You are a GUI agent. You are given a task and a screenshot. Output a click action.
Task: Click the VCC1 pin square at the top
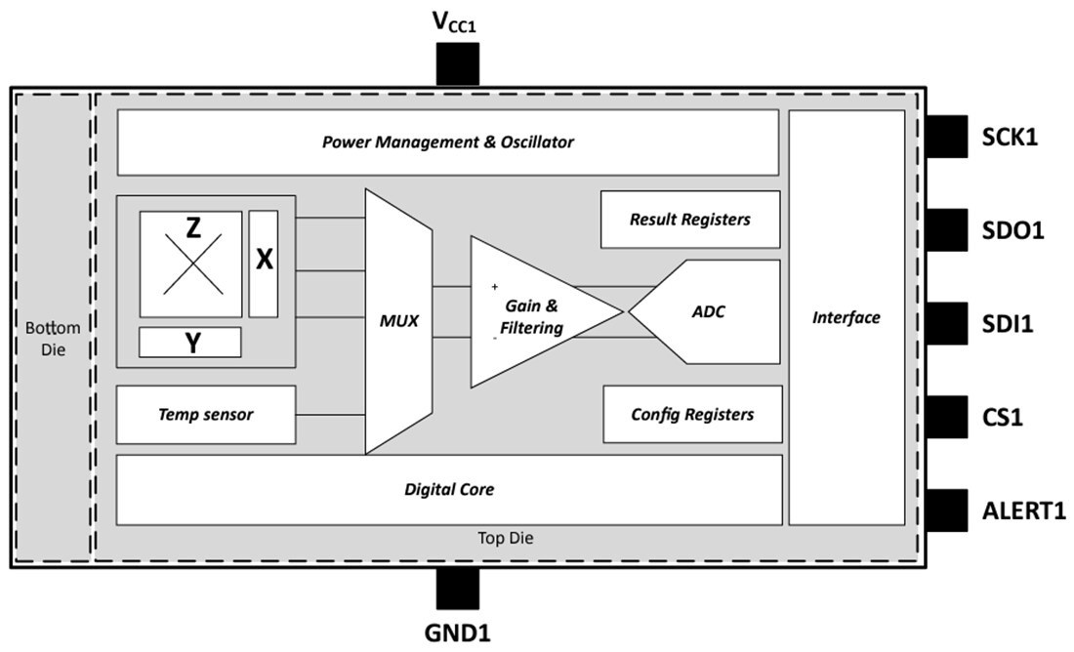click(x=457, y=64)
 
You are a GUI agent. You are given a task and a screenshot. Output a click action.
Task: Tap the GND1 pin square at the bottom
click(x=457, y=589)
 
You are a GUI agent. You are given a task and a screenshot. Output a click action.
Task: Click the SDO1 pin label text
click(x=1012, y=231)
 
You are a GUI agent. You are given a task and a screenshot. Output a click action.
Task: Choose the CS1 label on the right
click(x=1003, y=418)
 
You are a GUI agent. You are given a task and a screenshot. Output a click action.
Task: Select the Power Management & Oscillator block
click(x=447, y=143)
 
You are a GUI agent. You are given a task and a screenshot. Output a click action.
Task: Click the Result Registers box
click(x=690, y=220)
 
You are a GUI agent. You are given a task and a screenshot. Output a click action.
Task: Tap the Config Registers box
click(x=692, y=414)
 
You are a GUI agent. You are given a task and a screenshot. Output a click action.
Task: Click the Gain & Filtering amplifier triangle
click(x=532, y=312)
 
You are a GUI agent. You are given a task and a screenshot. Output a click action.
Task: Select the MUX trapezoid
click(x=398, y=320)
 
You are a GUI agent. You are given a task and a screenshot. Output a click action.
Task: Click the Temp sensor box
click(x=205, y=415)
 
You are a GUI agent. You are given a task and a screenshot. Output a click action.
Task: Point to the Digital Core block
click(x=448, y=489)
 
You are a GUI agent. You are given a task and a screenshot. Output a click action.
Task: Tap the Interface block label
click(x=847, y=317)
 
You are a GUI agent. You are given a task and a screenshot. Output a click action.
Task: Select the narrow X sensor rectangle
click(x=264, y=263)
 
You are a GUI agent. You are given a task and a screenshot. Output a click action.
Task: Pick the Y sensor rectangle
click(x=190, y=343)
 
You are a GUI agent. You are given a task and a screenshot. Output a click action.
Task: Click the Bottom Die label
click(x=54, y=339)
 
